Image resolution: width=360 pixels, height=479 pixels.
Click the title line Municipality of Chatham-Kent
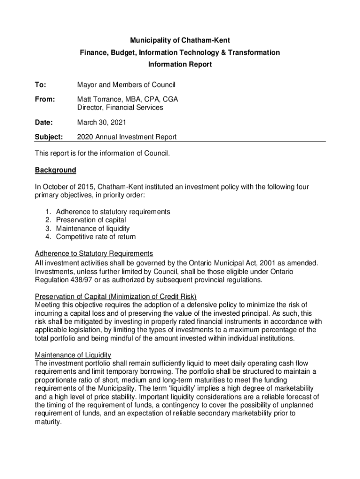[x=180, y=40]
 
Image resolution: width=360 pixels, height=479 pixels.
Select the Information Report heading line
[x=180, y=65]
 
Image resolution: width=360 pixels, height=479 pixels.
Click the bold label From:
[x=45, y=100]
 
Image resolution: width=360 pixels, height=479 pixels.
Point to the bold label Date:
[x=44, y=123]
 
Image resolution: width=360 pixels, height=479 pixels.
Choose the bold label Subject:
[x=48, y=137]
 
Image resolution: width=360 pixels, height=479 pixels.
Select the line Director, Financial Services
[x=120, y=108]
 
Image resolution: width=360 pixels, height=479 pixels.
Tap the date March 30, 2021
[x=102, y=123]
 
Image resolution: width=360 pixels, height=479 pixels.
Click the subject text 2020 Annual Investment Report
[x=127, y=137]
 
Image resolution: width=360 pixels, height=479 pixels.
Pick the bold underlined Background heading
[x=55, y=170]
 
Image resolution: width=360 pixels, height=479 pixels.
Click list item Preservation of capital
[x=91, y=220]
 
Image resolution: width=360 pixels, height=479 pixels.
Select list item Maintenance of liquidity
[x=93, y=228]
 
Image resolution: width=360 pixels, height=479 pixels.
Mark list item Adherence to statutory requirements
[x=113, y=211]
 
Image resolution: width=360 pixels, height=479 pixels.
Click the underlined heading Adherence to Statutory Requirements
[x=94, y=254]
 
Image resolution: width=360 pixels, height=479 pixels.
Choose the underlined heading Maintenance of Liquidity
[x=73, y=355]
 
